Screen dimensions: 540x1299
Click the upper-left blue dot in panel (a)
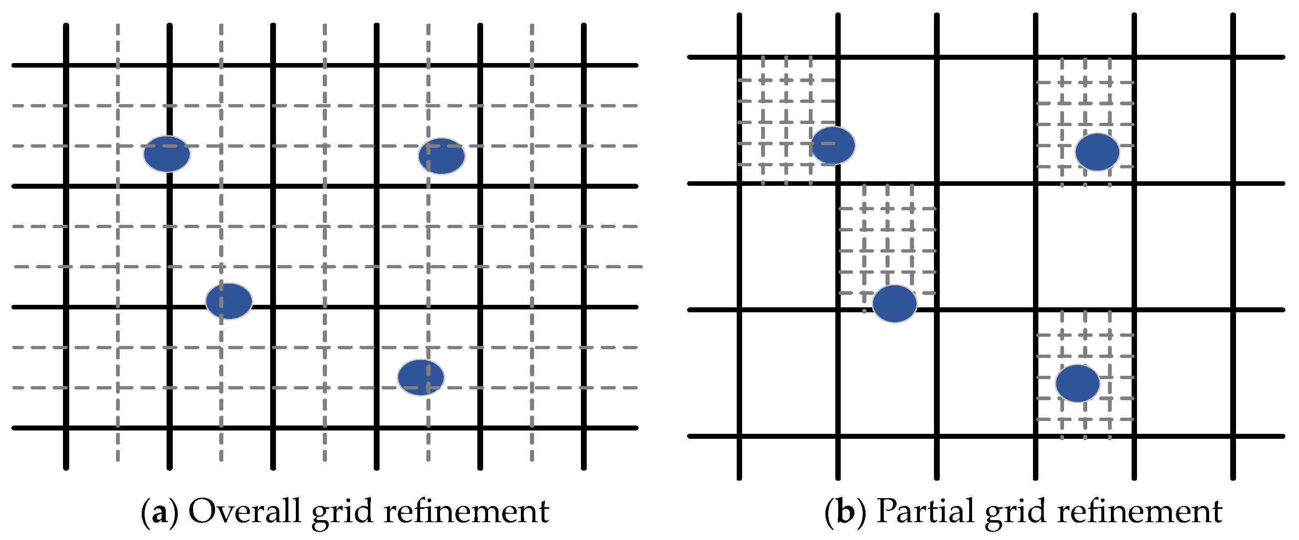click(x=167, y=153)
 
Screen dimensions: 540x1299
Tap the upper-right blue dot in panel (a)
click(x=441, y=156)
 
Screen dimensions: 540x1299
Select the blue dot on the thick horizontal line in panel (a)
click(x=229, y=301)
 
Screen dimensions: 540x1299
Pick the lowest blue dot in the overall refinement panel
click(x=421, y=377)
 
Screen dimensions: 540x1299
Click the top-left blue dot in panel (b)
click(x=833, y=145)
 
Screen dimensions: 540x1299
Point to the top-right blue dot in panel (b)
click(x=1097, y=152)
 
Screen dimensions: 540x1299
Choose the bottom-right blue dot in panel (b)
click(x=1078, y=383)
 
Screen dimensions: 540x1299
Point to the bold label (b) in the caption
click(x=845, y=512)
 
